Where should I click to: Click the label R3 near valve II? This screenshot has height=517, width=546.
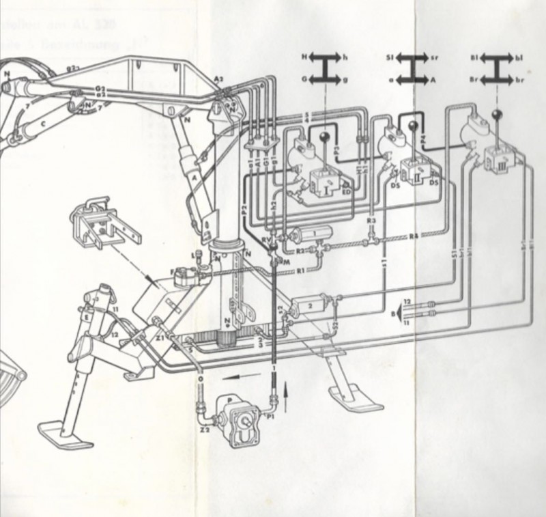click(x=370, y=222)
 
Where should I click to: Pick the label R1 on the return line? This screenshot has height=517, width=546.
click(x=300, y=271)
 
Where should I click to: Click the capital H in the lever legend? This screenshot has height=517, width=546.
click(x=306, y=59)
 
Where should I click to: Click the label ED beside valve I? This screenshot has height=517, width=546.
click(x=346, y=193)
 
